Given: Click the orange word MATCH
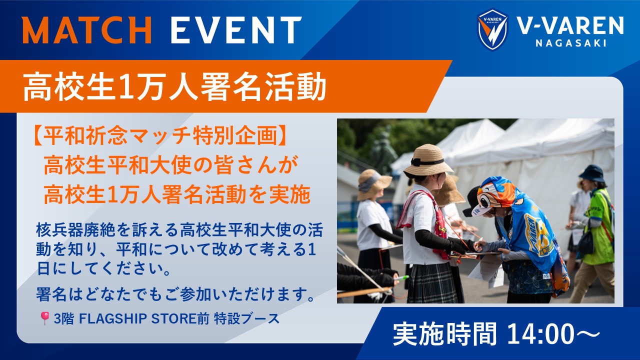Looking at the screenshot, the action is point(87,29).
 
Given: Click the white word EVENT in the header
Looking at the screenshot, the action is point(236,29).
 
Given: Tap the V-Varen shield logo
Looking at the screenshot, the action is point(492,29).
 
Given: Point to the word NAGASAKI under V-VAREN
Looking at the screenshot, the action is point(571,43).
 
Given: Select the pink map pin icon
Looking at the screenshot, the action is point(44,318).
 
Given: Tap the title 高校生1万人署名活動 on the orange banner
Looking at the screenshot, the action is point(174,86).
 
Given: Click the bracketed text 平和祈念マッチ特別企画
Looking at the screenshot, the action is point(160,136).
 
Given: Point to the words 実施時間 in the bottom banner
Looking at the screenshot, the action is point(444,334).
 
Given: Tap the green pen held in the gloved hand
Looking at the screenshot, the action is point(401,277).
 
